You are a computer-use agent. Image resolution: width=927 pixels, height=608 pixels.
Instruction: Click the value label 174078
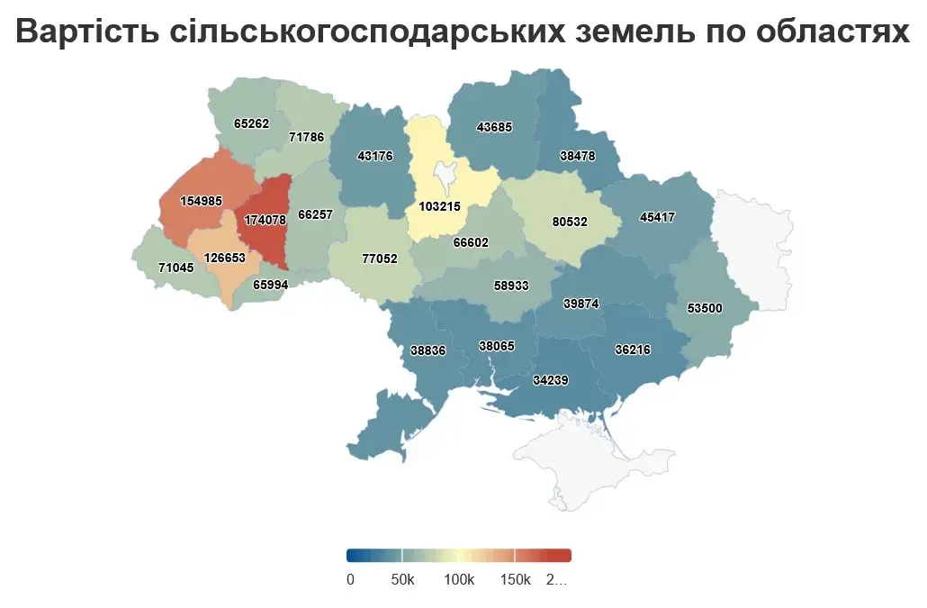tap(265, 219)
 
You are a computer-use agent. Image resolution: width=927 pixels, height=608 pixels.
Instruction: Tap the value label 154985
tap(201, 201)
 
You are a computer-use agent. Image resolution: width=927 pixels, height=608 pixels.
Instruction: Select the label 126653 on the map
tap(225, 257)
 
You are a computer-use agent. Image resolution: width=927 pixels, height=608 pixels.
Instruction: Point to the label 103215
tap(439, 206)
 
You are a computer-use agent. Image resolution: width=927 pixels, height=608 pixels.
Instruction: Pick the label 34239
tap(550, 380)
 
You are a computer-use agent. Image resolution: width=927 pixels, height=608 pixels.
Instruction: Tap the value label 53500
tap(704, 307)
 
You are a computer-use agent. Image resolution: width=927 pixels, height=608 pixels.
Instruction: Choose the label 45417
tap(657, 217)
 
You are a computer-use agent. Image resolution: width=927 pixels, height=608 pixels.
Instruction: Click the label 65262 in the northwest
tap(251, 123)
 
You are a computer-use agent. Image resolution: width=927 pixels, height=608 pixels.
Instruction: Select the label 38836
tap(428, 350)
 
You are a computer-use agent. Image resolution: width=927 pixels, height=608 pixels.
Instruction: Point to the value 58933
tap(511, 286)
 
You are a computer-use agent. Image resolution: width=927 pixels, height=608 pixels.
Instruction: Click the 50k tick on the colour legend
tap(402, 579)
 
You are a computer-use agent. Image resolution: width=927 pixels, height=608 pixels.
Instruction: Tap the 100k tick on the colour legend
tap(458, 579)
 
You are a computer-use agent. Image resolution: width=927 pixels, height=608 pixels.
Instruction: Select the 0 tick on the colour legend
tap(350, 579)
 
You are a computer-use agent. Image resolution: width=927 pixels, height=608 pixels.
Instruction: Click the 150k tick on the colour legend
tap(515, 579)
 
